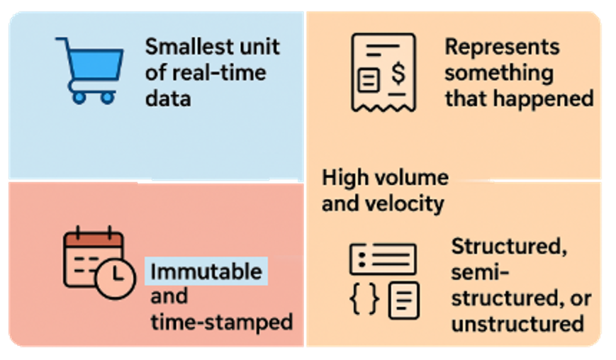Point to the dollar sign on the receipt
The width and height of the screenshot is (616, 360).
[x=399, y=73]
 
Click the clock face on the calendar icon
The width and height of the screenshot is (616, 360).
[x=116, y=276]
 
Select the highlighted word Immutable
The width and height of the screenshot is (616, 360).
[x=206, y=271]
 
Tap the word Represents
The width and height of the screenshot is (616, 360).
[x=502, y=47]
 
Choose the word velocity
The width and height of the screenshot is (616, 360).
[x=405, y=204]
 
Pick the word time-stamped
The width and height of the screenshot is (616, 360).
[x=221, y=322]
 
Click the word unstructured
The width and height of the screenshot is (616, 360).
[x=517, y=324]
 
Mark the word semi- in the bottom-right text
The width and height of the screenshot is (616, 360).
[x=481, y=274]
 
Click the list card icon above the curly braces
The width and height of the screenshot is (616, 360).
[x=383, y=259]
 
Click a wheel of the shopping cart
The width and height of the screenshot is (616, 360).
[x=79, y=98]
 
